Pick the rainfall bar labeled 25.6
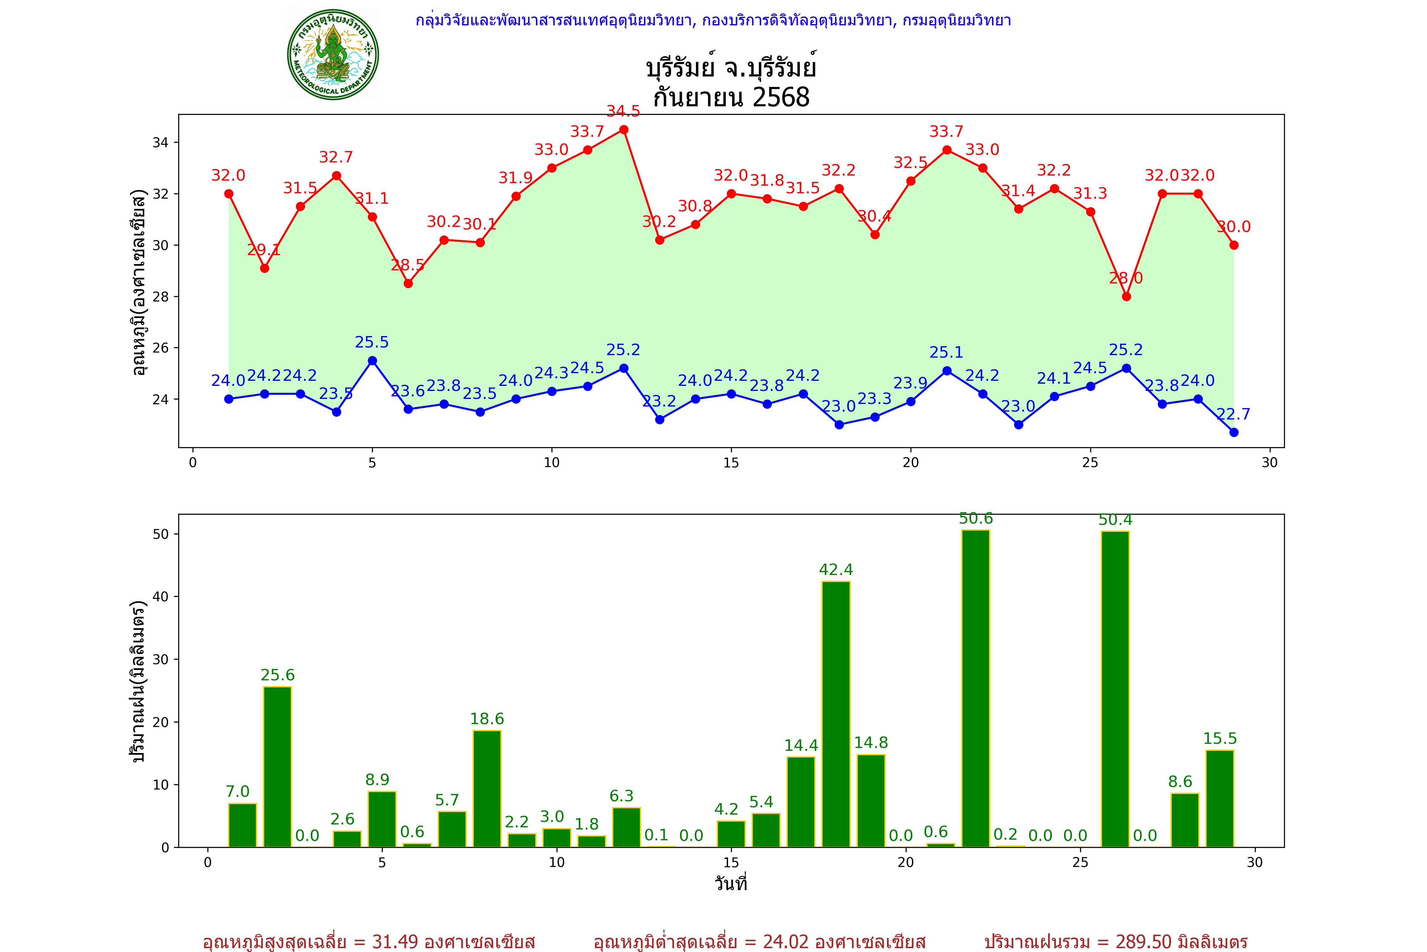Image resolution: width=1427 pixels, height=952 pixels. [x=277, y=766]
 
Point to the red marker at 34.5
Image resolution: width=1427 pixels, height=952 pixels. [x=624, y=130]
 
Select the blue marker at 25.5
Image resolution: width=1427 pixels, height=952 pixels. [x=373, y=360]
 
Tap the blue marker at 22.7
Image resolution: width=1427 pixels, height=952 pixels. [x=1234, y=432]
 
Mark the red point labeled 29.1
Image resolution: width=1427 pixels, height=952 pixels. [x=264, y=268]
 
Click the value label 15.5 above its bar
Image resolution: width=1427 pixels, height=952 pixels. [x=1220, y=739]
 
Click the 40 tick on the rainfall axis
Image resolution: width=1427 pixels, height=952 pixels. [x=160, y=597]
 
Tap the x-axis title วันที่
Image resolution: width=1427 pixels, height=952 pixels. [x=731, y=883]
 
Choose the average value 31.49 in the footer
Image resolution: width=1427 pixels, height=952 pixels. [x=395, y=942]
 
